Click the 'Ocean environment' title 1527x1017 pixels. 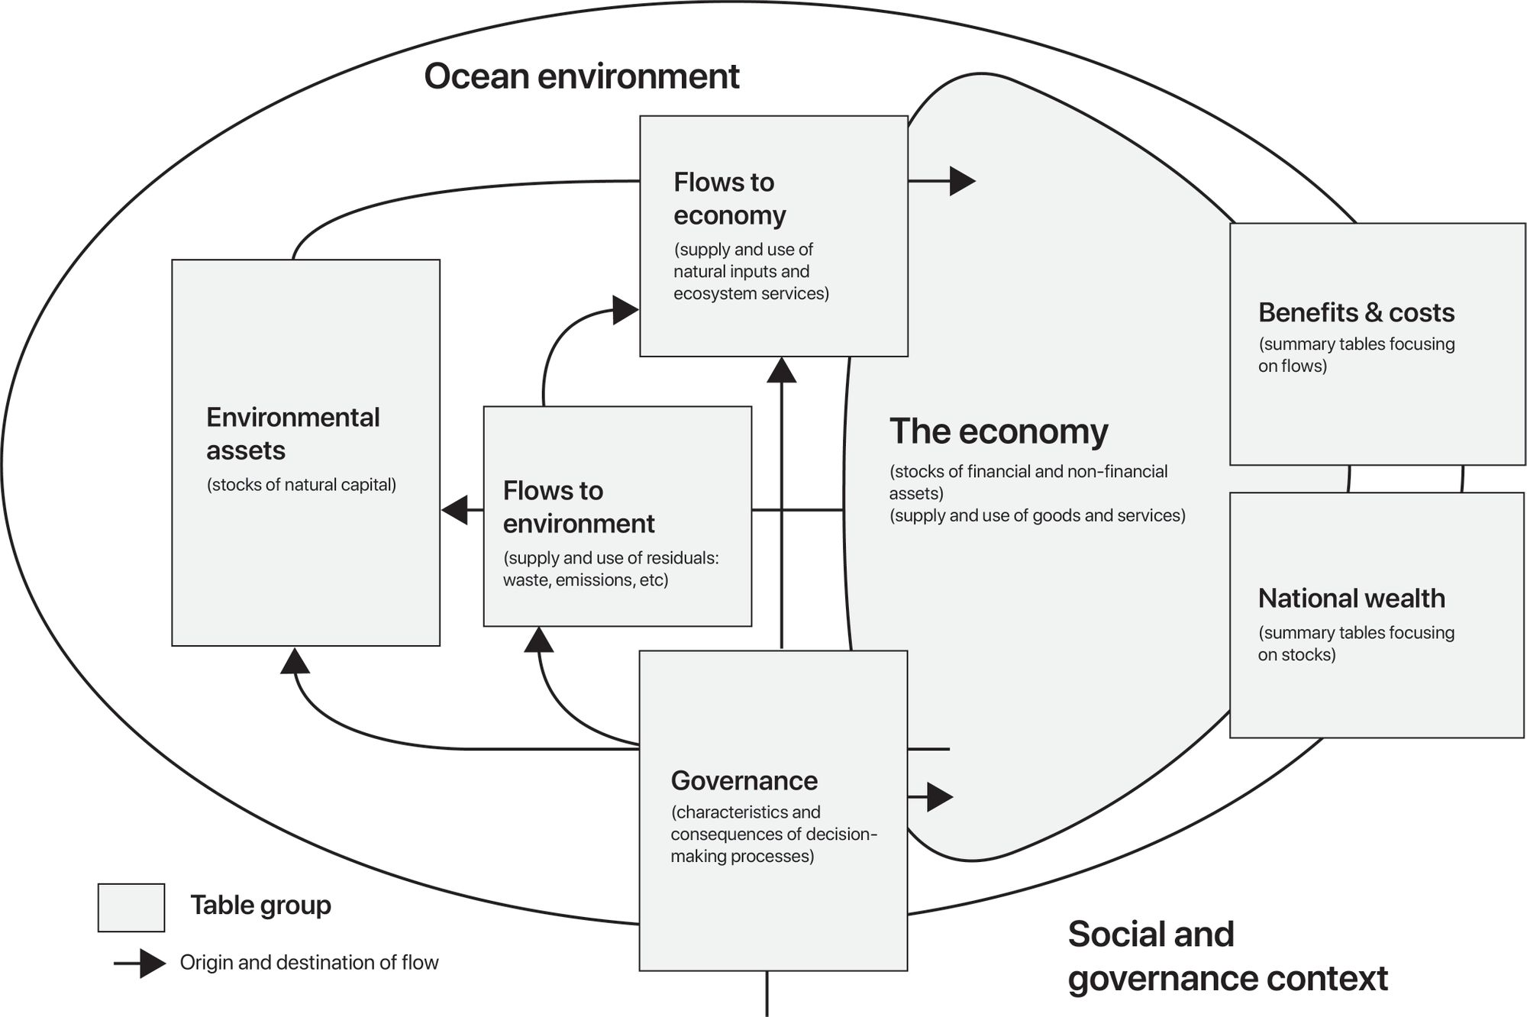click(x=581, y=76)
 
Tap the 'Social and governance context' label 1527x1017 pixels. click(x=1226, y=956)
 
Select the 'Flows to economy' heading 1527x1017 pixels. click(x=728, y=199)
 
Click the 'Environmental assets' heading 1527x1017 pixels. click(x=292, y=434)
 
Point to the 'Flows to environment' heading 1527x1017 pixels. click(x=578, y=507)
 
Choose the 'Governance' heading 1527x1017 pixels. click(x=744, y=780)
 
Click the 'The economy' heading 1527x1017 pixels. click(x=998, y=431)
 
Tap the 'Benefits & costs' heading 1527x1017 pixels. click(x=1356, y=312)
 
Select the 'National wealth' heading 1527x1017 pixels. click(x=1351, y=598)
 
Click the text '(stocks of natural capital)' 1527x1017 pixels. click(x=301, y=485)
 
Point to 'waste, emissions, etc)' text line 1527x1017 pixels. click(x=585, y=580)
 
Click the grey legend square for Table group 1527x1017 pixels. click(x=131, y=907)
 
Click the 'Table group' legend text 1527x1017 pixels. click(x=260, y=906)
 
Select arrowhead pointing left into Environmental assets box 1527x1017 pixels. click(x=456, y=510)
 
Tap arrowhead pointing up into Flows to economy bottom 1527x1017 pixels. click(x=781, y=370)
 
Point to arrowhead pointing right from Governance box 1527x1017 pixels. click(x=940, y=797)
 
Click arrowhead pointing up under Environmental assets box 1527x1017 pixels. click(x=295, y=661)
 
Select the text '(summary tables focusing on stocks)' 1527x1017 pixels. click(x=1355, y=644)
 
